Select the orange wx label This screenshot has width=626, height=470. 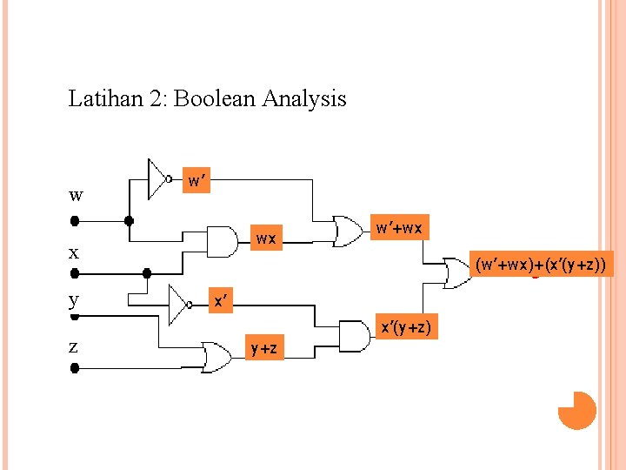(x=266, y=237)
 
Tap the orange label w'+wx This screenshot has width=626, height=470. (x=398, y=228)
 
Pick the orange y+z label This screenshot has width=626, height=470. (x=264, y=349)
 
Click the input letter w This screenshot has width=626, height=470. (x=76, y=195)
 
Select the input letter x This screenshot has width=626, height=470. (x=74, y=253)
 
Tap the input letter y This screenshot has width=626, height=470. (x=74, y=299)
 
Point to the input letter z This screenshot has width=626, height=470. (x=73, y=346)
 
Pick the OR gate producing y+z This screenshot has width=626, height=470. (x=215, y=355)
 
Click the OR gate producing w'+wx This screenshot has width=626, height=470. (x=348, y=232)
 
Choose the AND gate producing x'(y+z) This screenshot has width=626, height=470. (x=353, y=336)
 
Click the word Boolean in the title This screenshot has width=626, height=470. (x=216, y=98)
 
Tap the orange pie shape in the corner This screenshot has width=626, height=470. (x=577, y=410)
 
